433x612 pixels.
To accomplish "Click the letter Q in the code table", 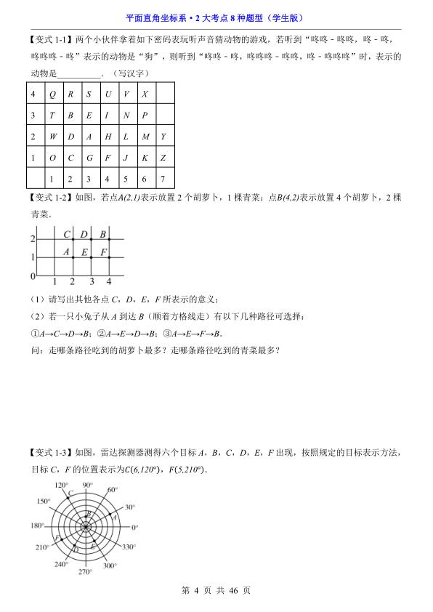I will (x=52, y=94).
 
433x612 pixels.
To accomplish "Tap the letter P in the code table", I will (x=144, y=115).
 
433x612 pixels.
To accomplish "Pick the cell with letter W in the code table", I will (x=52, y=136).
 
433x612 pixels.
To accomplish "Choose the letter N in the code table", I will (x=126, y=115).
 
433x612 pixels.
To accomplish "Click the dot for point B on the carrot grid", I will (x=110, y=240).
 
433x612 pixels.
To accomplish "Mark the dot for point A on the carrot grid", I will (x=72, y=258).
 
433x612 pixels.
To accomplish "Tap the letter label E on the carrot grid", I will (x=84, y=252).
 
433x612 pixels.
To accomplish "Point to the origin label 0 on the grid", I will (x=33, y=277).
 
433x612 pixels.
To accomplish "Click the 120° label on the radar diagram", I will (x=61, y=485).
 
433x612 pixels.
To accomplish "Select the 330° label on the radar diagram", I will (x=129, y=546).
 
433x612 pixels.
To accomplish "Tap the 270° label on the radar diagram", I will (x=86, y=572).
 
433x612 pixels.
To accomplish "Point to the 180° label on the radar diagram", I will (x=36, y=526).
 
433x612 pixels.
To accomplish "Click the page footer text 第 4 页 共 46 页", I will (x=216, y=591).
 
